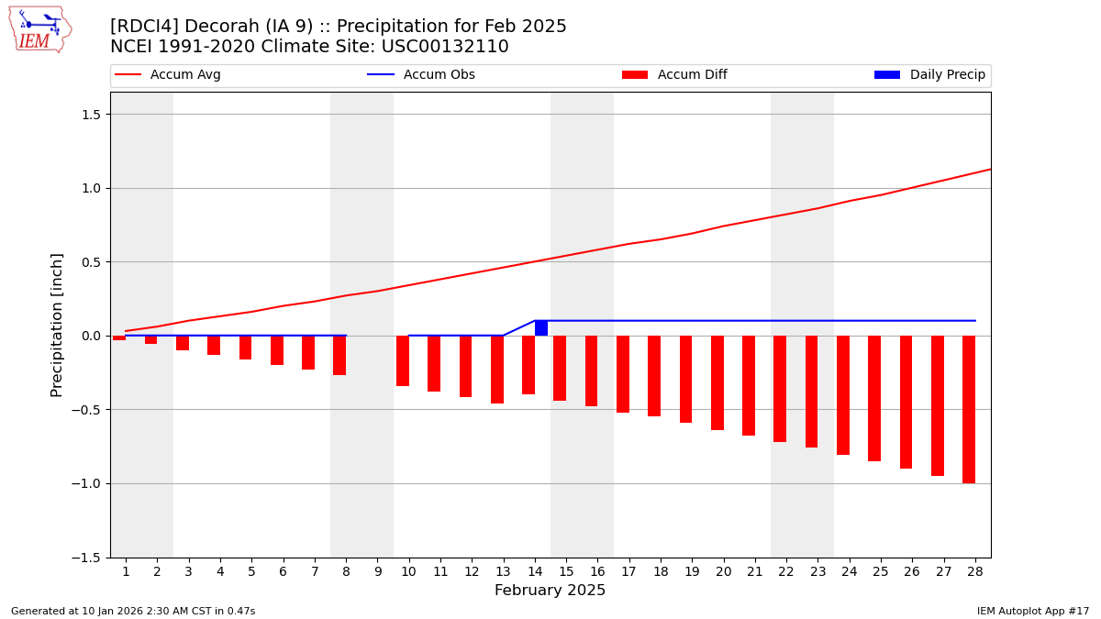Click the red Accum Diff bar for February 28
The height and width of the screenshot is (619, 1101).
point(969,409)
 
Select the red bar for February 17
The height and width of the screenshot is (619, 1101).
point(623,374)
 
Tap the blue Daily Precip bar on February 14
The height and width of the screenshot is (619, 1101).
point(541,328)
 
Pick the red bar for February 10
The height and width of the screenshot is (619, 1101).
point(403,360)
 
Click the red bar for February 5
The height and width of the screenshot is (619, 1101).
point(246,348)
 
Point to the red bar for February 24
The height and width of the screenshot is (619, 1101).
point(843,395)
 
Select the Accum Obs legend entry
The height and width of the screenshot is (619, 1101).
point(421,75)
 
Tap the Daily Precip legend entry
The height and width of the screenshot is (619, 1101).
point(929,75)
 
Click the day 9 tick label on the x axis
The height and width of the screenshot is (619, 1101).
point(377,571)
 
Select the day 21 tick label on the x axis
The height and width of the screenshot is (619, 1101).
point(754,571)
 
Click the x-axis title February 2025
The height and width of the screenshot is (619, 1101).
point(550,591)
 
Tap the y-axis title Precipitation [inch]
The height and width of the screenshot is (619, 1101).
point(57,325)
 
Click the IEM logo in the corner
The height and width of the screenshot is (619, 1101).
point(39,29)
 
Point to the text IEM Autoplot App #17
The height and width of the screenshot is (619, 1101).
point(1032,611)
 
